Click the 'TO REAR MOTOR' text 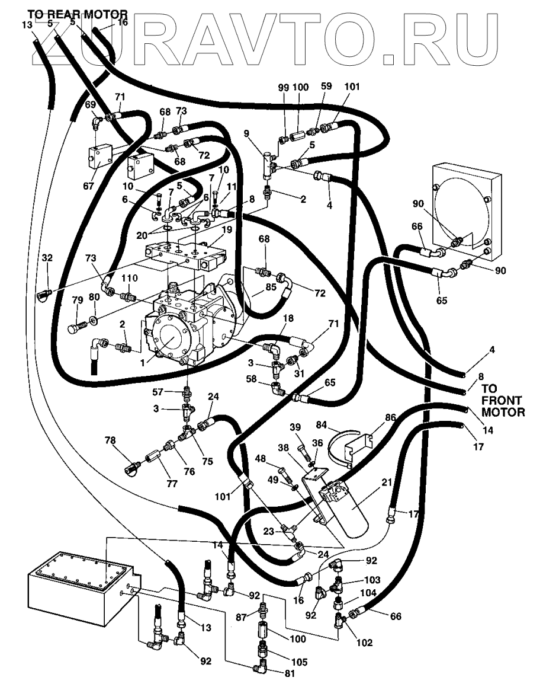(x=76, y=13)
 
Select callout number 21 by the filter (x=387, y=484)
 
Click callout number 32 (x=47, y=258)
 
